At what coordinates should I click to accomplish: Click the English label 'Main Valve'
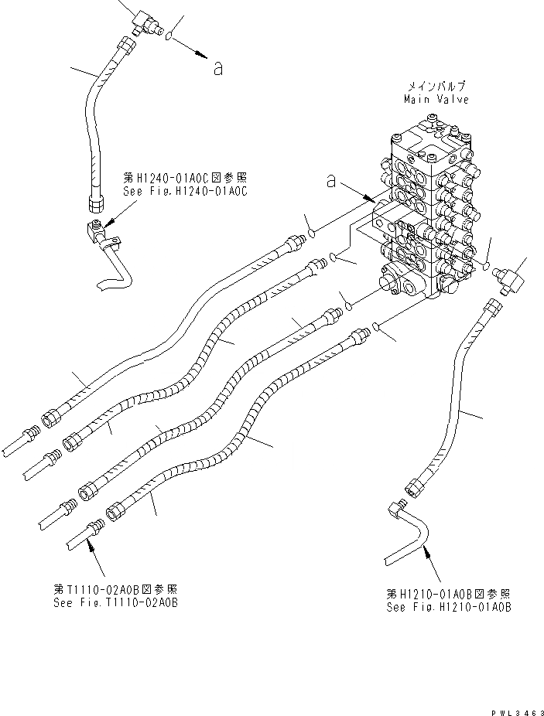[x=436, y=100]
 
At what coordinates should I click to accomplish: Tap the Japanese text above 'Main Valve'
[x=436, y=87]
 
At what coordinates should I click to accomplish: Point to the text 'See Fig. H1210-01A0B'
[x=448, y=607]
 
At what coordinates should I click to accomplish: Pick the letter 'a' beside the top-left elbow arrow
[x=217, y=69]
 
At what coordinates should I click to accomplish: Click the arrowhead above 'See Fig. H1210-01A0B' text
[x=426, y=551]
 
